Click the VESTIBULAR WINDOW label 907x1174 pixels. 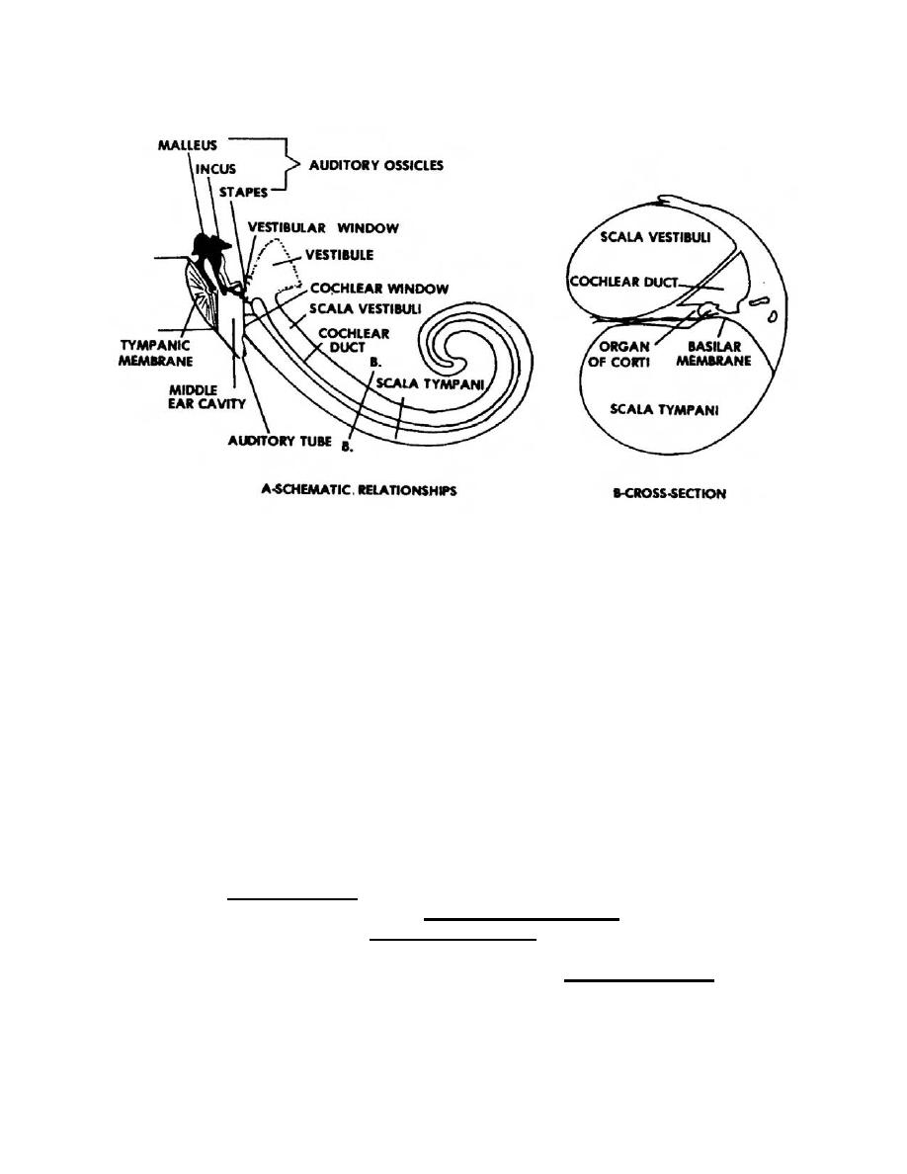[323, 228]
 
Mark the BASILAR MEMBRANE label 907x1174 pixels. [720, 354]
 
